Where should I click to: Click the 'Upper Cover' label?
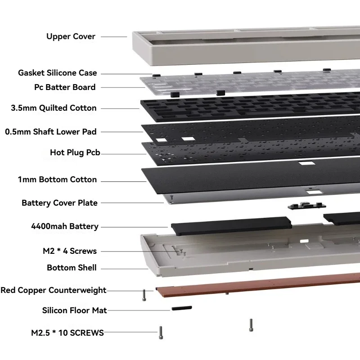[71, 36]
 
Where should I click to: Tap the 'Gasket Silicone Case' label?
[57, 73]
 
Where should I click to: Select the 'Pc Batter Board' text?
[65, 87]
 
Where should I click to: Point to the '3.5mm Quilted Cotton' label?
[54, 108]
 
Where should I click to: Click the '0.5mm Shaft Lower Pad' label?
[51, 132]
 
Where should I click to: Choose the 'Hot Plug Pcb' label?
[75, 153]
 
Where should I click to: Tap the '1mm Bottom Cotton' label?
[57, 180]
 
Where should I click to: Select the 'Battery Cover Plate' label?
[59, 203]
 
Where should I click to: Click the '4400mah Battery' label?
[65, 226]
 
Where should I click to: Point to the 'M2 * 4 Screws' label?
[70, 251]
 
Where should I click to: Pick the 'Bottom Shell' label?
[72, 268]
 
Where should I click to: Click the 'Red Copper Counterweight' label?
[54, 290]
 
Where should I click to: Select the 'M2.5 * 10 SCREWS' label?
[67, 333]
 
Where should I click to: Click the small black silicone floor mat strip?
[181, 308]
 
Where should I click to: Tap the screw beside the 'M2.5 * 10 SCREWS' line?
[161, 332]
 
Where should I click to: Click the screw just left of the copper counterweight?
[144, 295]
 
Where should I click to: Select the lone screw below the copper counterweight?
[251, 325]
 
